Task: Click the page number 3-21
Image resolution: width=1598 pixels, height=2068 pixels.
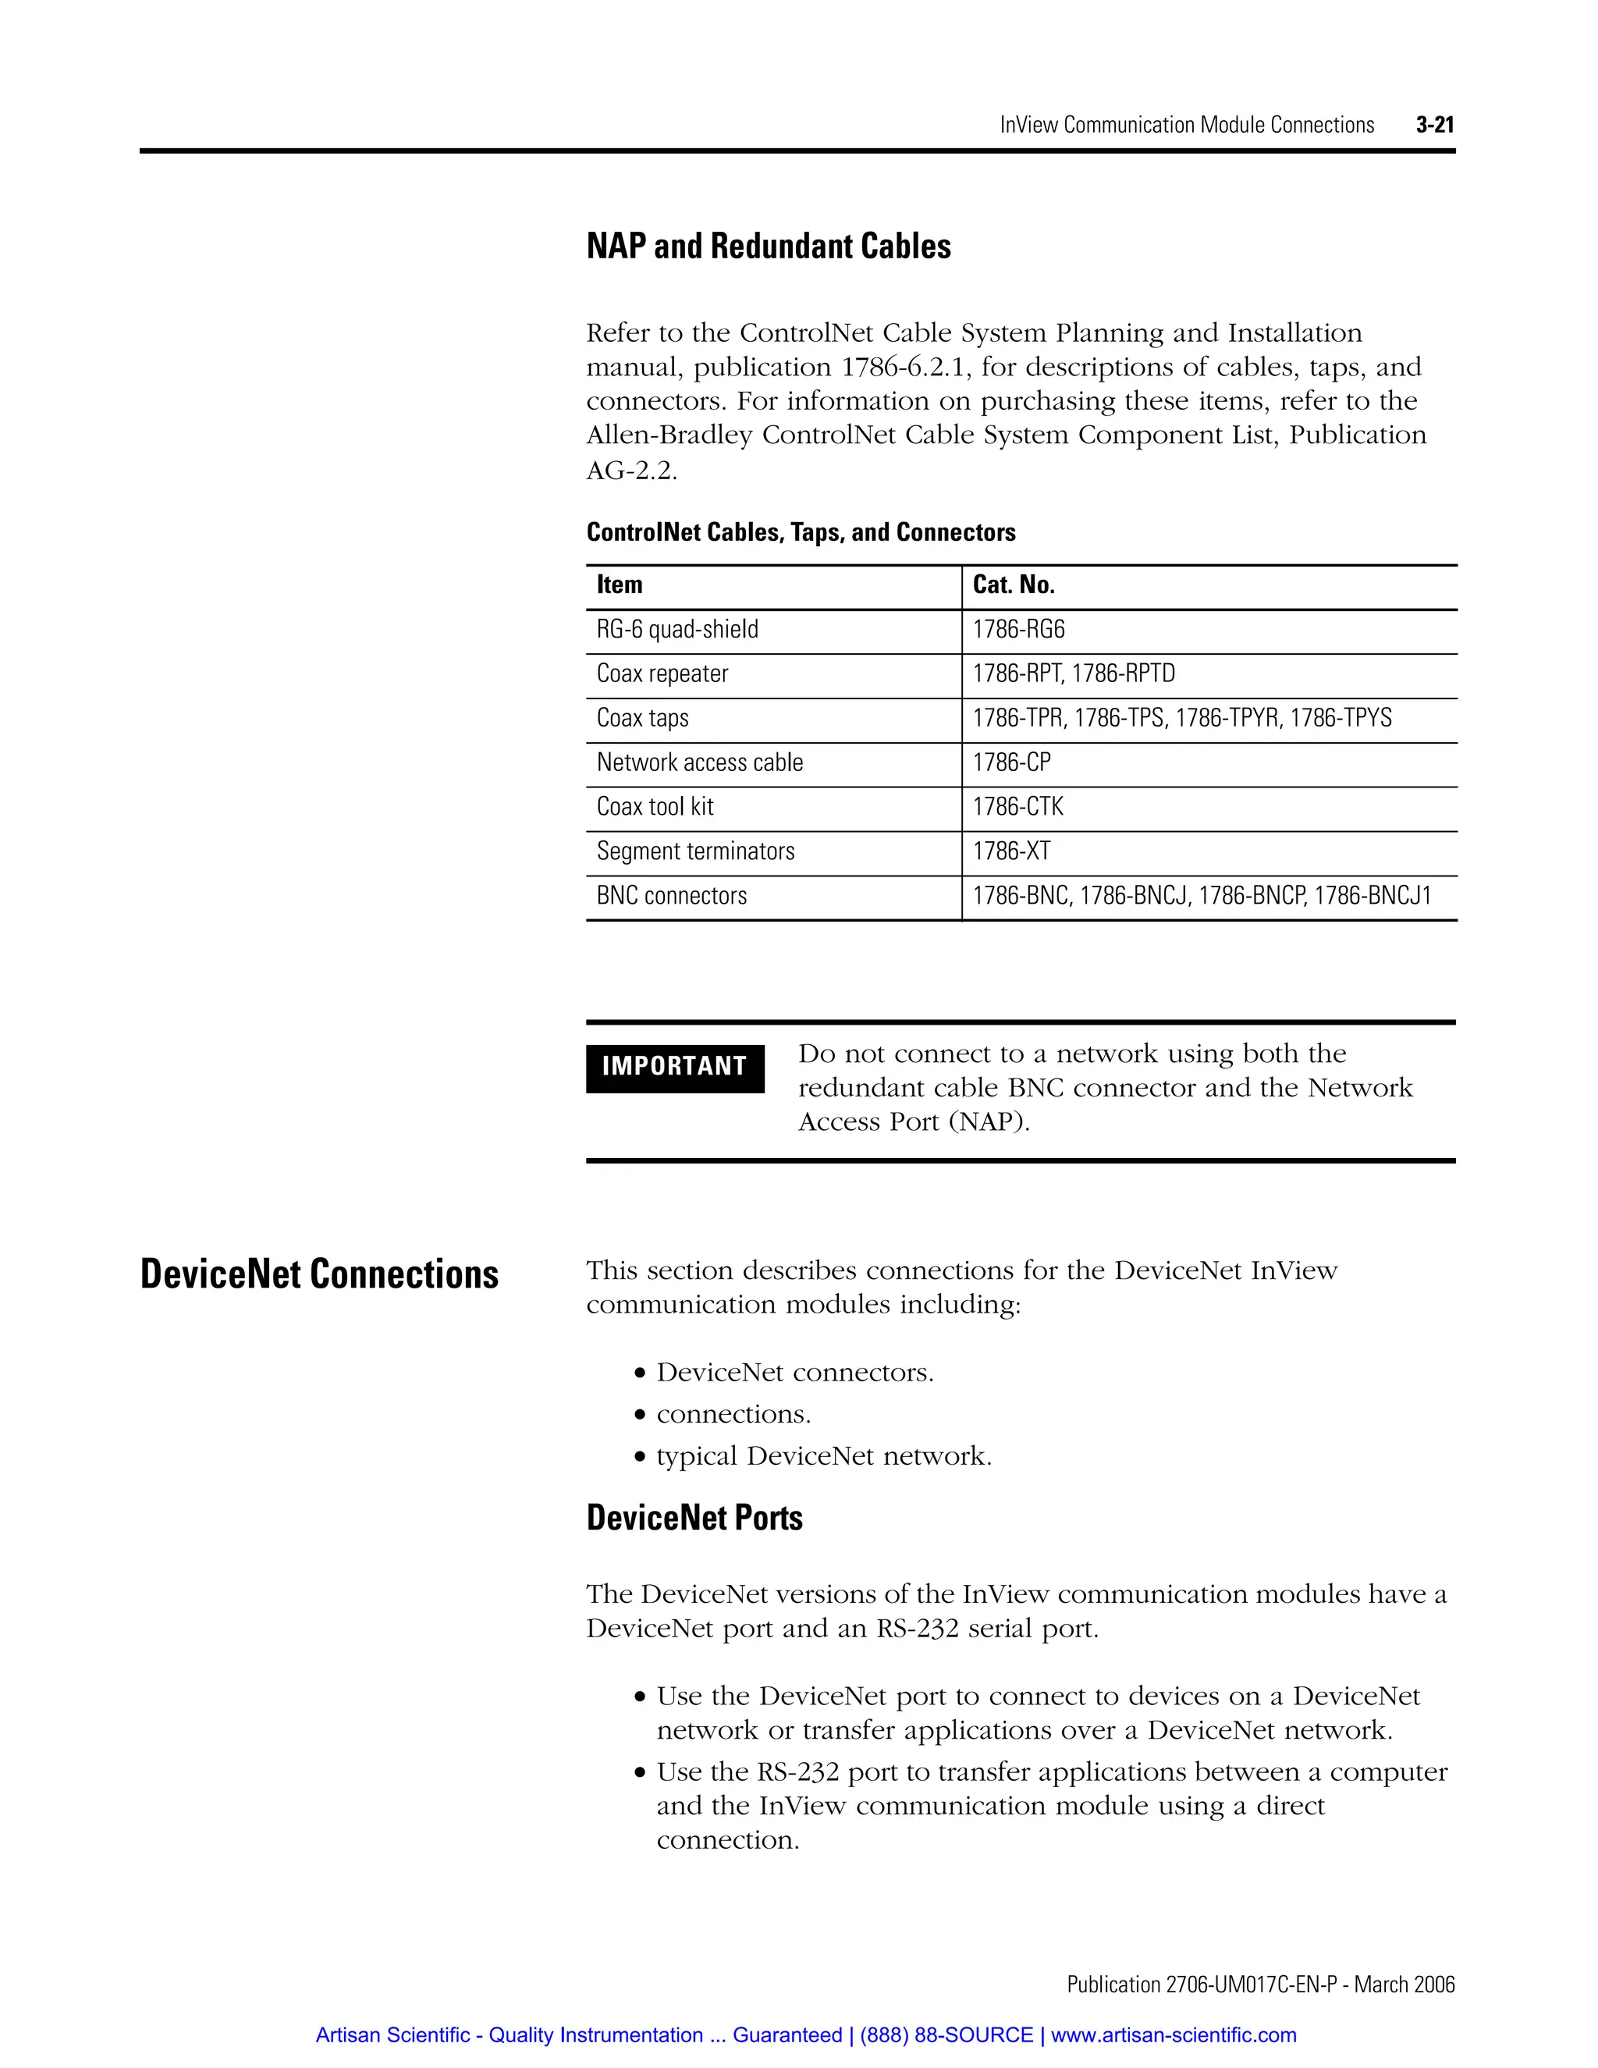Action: click(x=1434, y=124)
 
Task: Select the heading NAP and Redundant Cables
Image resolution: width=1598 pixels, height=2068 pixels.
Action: click(x=768, y=246)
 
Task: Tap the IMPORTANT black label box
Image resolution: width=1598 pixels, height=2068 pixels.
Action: click(x=674, y=1067)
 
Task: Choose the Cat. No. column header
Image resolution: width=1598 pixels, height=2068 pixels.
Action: click(x=1013, y=585)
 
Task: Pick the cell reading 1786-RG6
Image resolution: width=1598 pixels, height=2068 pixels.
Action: click(x=1018, y=630)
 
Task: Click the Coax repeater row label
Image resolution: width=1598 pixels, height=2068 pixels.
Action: click(x=662, y=674)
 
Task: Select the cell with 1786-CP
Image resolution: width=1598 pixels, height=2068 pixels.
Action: click(x=1011, y=762)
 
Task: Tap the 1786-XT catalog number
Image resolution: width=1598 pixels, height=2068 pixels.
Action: click(x=1011, y=851)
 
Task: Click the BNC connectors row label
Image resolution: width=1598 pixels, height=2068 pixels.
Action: click(x=671, y=896)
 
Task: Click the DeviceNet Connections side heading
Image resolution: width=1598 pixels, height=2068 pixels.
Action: click(x=319, y=1274)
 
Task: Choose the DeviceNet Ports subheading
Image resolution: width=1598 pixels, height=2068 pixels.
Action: click(x=694, y=1518)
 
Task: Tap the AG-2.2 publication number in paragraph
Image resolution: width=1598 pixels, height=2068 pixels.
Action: click(x=630, y=471)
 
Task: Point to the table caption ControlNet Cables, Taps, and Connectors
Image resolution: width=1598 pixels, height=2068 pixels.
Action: click(x=800, y=532)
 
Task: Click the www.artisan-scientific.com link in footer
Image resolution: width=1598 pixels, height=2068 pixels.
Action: click(x=1173, y=2035)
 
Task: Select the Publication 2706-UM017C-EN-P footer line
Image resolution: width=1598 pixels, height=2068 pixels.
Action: click(x=1260, y=1984)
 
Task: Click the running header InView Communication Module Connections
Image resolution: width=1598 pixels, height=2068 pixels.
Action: click(x=1186, y=125)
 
